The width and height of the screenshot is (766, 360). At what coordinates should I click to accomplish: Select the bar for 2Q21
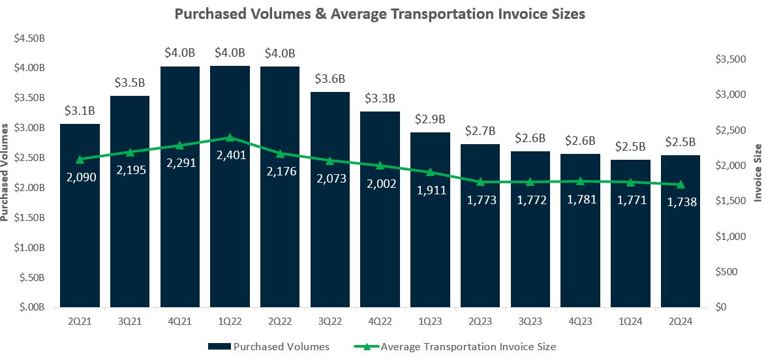point(80,215)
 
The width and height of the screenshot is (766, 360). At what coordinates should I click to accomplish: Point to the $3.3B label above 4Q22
point(380,99)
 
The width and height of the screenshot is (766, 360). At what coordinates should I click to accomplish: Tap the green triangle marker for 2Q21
point(80,159)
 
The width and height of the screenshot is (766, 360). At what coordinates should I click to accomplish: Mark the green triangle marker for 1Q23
point(430,172)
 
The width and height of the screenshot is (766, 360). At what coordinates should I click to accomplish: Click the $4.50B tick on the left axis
point(29,38)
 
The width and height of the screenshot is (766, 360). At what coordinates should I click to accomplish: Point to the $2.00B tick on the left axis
point(29,187)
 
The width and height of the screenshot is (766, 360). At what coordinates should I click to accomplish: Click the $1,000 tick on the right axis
point(730,237)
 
